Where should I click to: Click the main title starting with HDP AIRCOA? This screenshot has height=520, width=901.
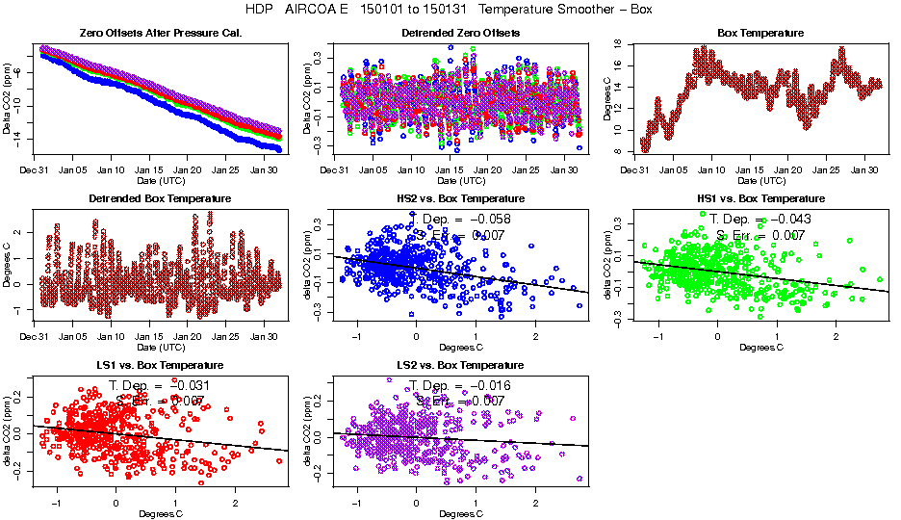(450, 10)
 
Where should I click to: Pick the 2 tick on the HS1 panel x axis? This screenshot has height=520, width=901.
(837, 337)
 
